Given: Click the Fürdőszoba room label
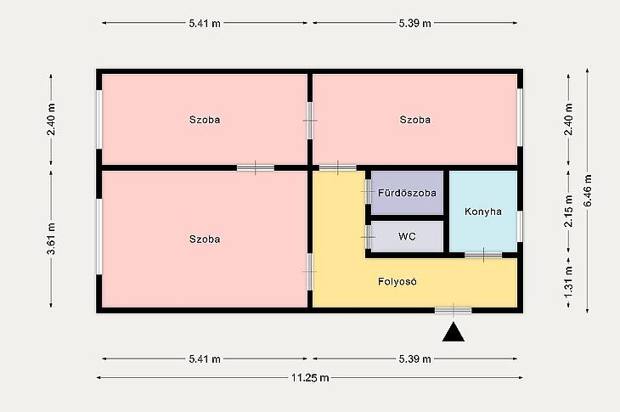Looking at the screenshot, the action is click(x=407, y=193).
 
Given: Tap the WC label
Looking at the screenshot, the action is click(x=407, y=236).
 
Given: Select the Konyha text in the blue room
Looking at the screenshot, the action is click(x=483, y=212).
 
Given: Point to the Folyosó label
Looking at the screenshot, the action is click(x=397, y=281).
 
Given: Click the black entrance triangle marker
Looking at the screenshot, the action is click(x=454, y=332).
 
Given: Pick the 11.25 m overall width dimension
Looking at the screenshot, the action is click(x=310, y=378).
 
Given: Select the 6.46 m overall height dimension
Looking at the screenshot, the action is click(x=588, y=190).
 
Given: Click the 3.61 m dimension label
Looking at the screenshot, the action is click(x=51, y=239).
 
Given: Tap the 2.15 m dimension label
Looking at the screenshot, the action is click(x=568, y=212).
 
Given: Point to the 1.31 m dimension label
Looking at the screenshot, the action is click(x=568, y=282).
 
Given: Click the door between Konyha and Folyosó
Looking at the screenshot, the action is click(x=483, y=255).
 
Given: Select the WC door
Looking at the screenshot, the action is click(x=368, y=237).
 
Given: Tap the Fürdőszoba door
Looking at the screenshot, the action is click(x=368, y=191).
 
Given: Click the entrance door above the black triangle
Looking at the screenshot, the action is click(x=454, y=310).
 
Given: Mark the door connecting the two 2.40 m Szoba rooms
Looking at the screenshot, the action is click(x=310, y=121).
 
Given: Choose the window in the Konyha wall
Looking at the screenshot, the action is click(x=520, y=226).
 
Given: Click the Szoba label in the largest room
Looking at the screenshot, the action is click(x=205, y=240).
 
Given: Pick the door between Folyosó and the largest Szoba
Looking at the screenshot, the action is click(x=310, y=272).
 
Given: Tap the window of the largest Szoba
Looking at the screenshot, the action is click(x=99, y=236).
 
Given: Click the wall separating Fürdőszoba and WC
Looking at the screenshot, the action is click(x=407, y=217).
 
